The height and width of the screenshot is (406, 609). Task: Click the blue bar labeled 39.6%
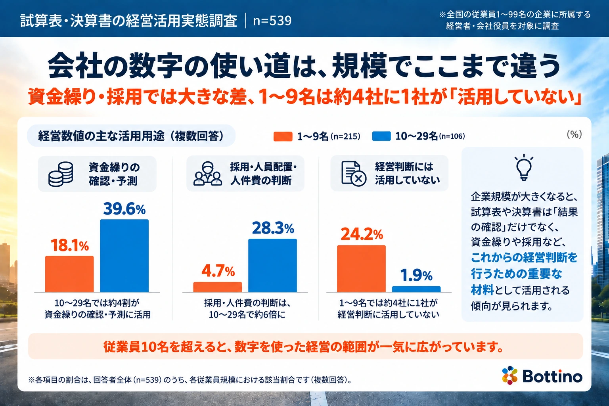(x=124, y=256)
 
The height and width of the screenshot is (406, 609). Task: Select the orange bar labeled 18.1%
(x=69, y=274)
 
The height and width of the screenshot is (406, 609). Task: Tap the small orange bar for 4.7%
(x=218, y=287)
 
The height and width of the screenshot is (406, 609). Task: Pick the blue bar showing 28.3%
(x=272, y=265)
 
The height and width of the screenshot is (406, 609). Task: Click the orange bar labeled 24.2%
(x=361, y=269)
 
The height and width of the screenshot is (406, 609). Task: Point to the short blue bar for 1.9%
(x=416, y=289)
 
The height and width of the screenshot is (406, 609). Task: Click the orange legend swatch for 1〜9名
(x=283, y=136)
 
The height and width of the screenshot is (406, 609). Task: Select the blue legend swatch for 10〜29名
(x=381, y=136)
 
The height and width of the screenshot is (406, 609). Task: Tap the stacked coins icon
(x=61, y=174)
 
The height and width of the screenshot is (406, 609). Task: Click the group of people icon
(x=208, y=174)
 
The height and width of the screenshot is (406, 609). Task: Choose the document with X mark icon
(x=354, y=174)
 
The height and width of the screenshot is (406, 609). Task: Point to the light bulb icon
(x=524, y=167)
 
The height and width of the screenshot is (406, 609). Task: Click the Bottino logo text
(x=552, y=377)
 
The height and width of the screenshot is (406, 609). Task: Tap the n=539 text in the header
(x=272, y=21)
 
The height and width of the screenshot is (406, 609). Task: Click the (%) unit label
(x=574, y=134)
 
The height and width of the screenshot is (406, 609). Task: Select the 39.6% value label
(x=124, y=209)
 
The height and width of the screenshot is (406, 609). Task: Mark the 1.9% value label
(x=416, y=275)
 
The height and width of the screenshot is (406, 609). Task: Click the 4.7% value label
(x=218, y=271)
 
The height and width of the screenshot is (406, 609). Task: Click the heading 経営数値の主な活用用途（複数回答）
(x=131, y=136)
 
